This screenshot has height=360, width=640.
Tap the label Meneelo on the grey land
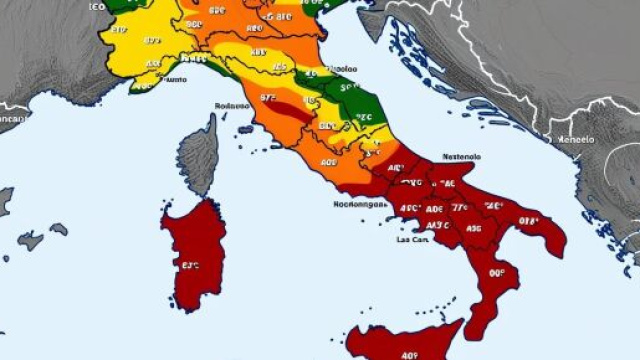pos(576,139)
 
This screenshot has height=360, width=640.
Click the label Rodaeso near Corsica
pos(231,106)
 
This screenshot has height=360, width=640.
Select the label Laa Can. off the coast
pos(414,240)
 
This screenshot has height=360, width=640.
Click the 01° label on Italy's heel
pos(529,221)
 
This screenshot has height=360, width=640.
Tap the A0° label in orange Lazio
pos(329,162)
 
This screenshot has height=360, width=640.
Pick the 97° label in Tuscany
pos(268,98)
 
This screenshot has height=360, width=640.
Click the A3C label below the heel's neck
pos(474,229)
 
